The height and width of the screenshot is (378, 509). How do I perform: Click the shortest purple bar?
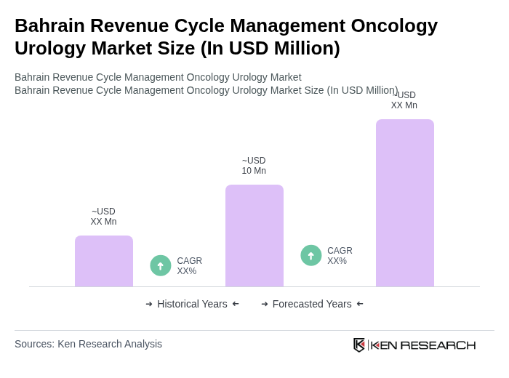104,261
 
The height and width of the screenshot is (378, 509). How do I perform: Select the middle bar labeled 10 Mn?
254,236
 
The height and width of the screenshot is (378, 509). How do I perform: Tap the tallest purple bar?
405,203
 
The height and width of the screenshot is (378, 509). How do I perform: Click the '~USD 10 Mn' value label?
254,166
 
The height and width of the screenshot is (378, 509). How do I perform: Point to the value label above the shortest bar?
103,217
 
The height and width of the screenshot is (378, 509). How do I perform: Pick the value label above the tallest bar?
404,100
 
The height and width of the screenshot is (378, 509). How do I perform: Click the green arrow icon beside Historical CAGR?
161,265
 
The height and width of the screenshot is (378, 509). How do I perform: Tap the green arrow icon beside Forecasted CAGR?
311,255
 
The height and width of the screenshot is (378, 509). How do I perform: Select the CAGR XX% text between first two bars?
189,266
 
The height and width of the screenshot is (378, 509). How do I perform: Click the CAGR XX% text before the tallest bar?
340,256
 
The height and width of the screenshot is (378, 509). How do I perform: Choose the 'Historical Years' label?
192,304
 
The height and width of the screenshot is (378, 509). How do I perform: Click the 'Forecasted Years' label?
312,304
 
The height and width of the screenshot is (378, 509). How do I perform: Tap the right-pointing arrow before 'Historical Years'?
149,304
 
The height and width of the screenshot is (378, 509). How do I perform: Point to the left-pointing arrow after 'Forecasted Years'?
360,304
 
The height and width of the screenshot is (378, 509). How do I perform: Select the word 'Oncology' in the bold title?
394,25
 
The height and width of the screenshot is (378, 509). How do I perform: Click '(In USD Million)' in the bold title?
270,48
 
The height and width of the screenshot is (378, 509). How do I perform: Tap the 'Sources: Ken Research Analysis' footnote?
88,344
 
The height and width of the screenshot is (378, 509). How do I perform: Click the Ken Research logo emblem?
359,345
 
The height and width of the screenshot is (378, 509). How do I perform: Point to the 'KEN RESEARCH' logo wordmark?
423,345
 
